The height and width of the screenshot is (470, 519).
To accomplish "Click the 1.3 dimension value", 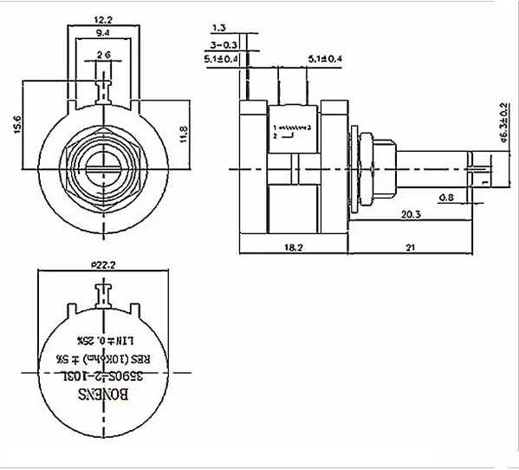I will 218,28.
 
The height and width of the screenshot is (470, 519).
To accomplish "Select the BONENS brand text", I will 103,394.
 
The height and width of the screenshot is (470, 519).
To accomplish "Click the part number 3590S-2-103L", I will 103,375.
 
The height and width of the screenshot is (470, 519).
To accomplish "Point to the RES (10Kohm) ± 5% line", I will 103,356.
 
